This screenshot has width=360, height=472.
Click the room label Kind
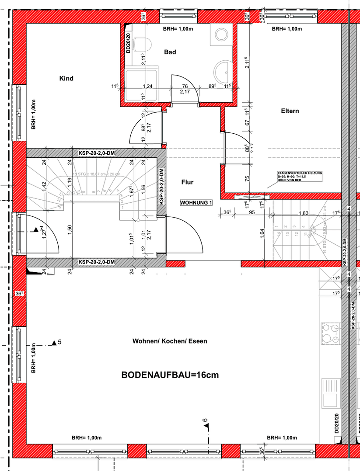pos(66,79)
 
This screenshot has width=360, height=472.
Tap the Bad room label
pos(170,52)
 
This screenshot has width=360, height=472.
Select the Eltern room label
pos(290,111)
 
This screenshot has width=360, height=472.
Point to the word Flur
pos(187,182)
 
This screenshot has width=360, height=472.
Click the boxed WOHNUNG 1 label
pos(196,203)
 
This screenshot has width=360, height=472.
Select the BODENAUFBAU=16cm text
pos(170,375)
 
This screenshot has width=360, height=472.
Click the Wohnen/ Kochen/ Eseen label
pos(170,341)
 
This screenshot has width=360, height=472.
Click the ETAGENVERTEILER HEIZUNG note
pos(300,176)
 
